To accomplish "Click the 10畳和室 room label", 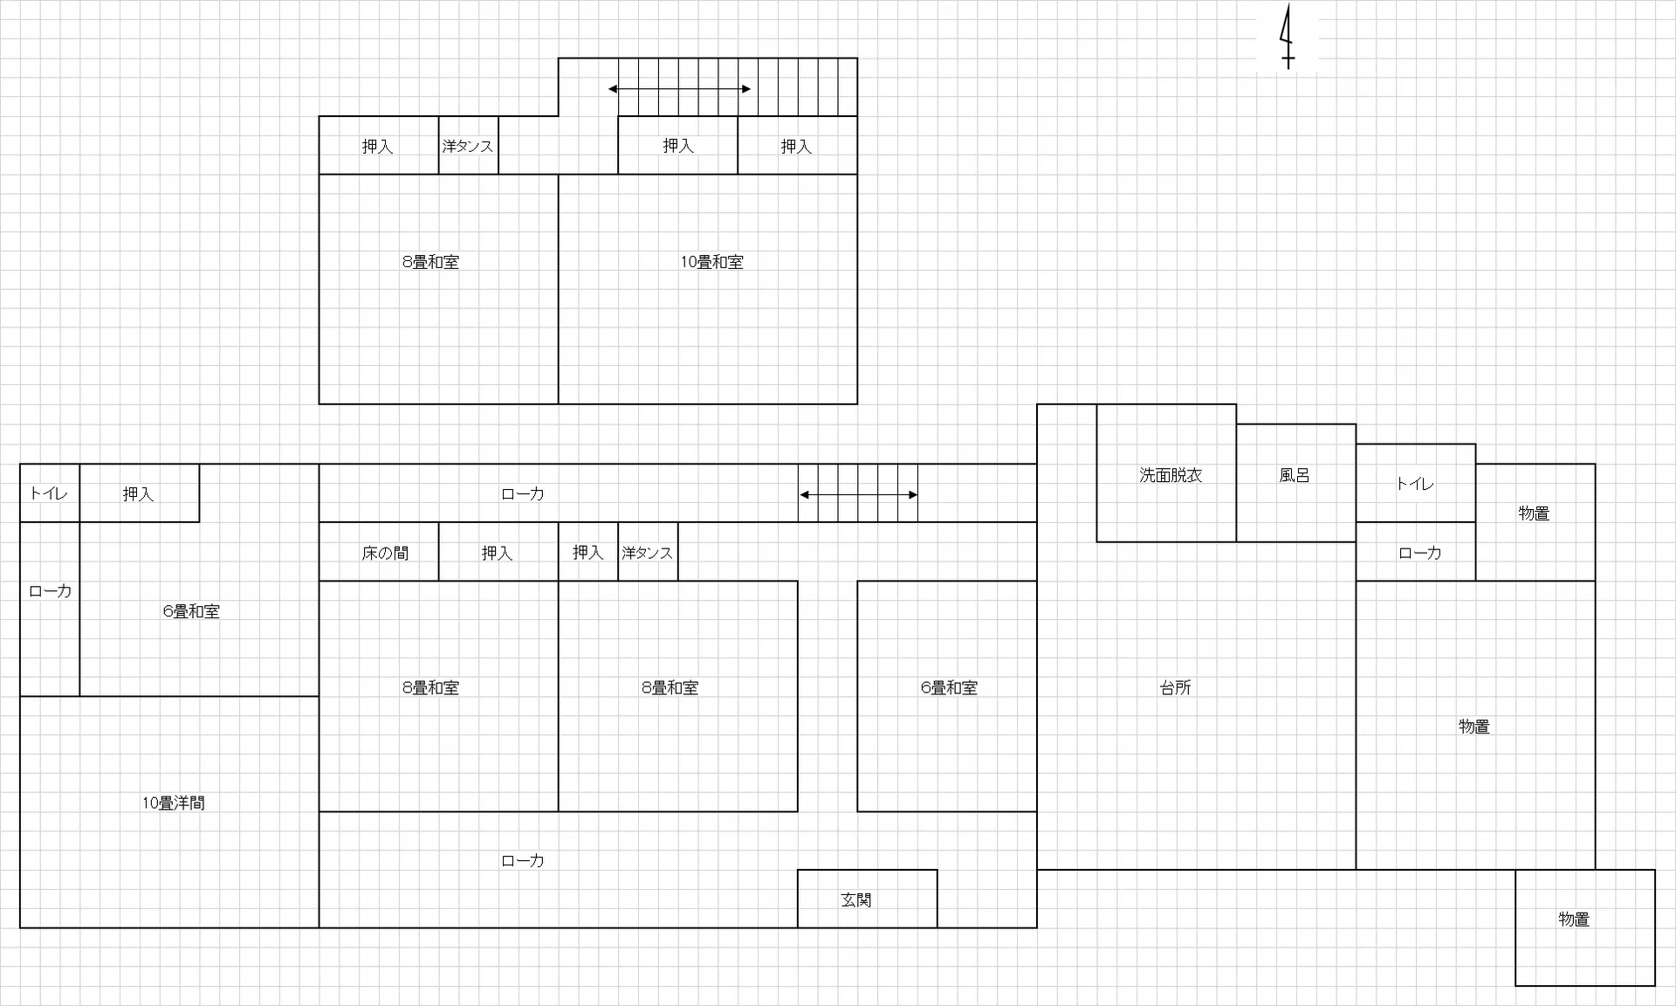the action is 711,262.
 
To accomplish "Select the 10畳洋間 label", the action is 174,803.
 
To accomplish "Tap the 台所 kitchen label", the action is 1176,688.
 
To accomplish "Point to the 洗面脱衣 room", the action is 1166,472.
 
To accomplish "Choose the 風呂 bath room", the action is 1295,483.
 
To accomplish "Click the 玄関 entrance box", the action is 867,899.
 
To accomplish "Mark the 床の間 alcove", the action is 379,552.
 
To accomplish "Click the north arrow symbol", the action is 1287,37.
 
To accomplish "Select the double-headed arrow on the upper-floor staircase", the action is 679,89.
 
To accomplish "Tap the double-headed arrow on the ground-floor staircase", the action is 858,495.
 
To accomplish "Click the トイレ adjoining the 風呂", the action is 1415,483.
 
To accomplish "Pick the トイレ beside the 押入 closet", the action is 50,493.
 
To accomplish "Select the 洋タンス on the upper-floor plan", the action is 468,146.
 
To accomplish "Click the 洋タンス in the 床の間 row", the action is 648,552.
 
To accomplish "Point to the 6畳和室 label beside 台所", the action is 949,688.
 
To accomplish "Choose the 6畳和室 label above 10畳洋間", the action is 191,611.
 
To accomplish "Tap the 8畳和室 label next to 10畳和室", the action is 430,262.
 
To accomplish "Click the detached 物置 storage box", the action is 1585,927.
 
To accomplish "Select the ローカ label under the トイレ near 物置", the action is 1420,553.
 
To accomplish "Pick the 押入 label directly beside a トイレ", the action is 138,494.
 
